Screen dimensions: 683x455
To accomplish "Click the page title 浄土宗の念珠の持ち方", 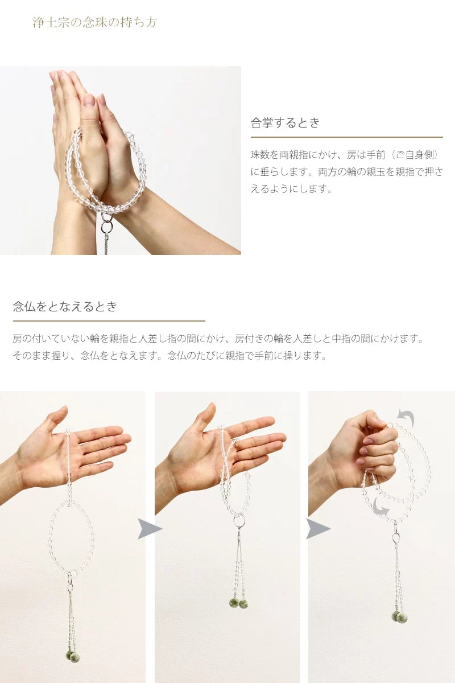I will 94,23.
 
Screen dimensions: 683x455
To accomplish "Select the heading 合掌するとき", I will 286,122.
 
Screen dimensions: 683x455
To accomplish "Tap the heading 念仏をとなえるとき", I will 65,306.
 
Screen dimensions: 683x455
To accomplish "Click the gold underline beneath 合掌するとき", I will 346,137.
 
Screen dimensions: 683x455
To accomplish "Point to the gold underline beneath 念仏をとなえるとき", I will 109,321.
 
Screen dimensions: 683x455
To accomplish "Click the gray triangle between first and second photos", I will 148,529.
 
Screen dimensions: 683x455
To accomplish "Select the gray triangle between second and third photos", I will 317,529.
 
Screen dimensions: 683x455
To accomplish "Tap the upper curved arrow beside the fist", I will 406,419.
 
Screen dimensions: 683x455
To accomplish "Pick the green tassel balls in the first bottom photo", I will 72,656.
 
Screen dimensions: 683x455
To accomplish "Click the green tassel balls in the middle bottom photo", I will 239,603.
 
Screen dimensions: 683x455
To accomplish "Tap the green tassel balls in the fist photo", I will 399,616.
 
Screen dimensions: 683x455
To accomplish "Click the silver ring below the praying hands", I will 106,227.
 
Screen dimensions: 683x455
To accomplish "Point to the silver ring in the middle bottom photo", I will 239,520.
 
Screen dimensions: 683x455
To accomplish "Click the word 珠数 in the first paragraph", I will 262,155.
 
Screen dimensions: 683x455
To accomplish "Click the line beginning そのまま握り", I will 169,356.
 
